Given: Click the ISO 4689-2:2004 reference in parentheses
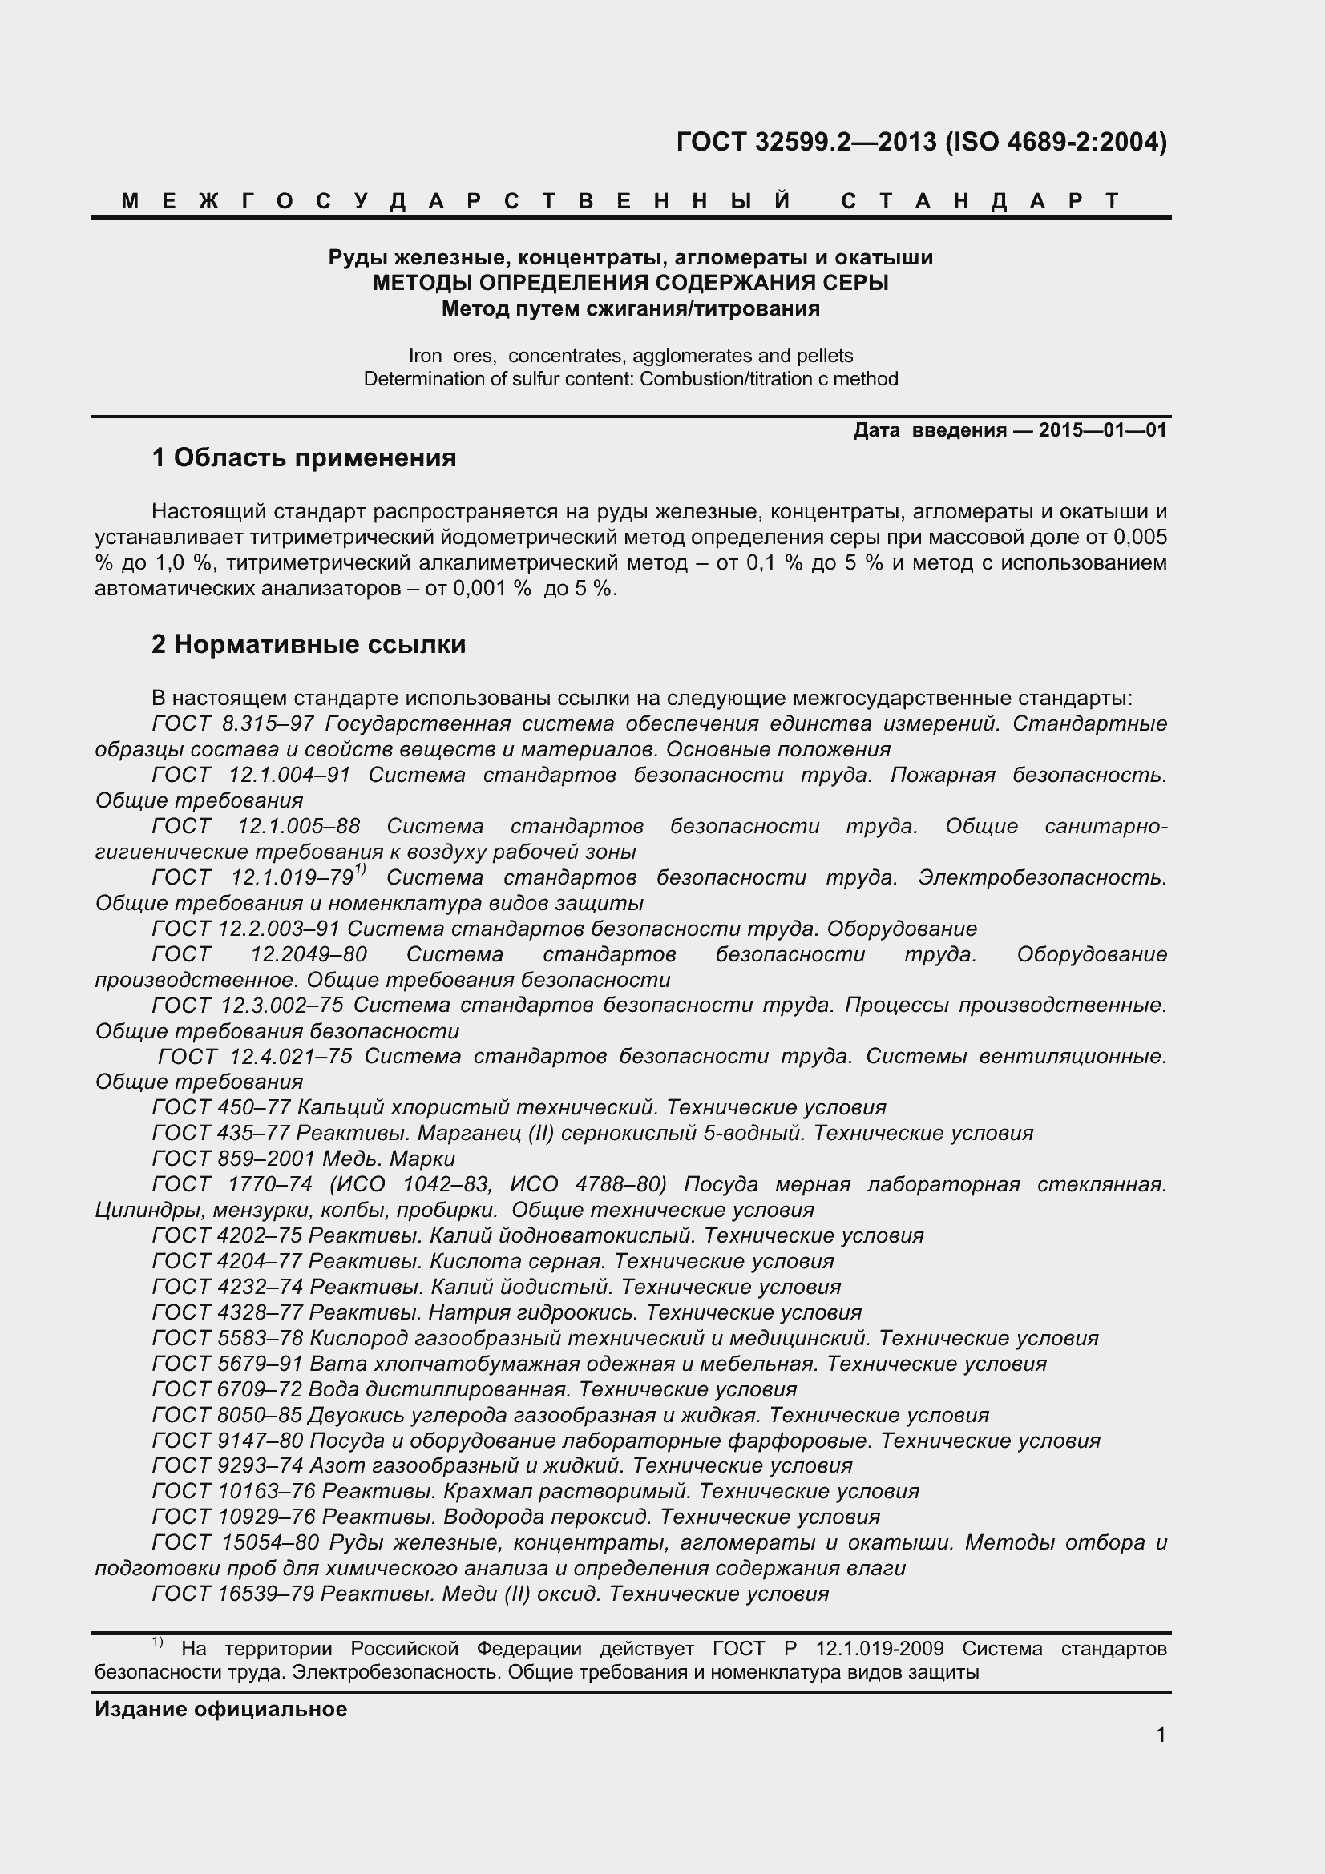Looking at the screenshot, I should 1056,143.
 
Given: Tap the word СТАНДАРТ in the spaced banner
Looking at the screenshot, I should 980,201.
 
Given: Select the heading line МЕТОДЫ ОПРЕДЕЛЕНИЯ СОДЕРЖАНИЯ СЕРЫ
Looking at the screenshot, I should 630,283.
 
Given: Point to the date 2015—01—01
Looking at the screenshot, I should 1102,430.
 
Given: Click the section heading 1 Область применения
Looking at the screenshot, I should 304,458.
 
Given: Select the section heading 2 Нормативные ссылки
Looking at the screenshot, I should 309,645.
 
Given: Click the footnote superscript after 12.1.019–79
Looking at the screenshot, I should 360,871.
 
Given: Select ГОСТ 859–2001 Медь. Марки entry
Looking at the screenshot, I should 303,1159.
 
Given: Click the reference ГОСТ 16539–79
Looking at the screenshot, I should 232,1594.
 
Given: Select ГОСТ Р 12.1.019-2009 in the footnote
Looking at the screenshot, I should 828,1649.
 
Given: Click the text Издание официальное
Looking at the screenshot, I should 220,1709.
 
